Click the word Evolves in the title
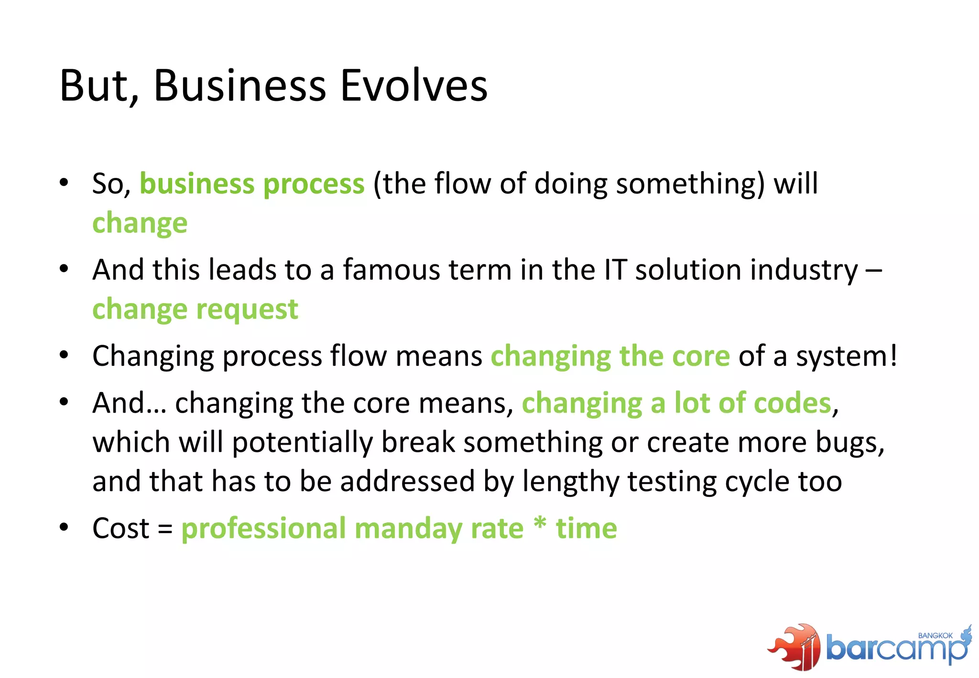413,86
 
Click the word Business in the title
239,86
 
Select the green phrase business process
252,184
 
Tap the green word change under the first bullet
140,224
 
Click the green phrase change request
195,309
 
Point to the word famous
391,270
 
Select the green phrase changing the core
610,357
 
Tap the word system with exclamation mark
846,357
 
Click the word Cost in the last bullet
121,529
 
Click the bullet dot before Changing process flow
64,355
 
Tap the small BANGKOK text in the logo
935,635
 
